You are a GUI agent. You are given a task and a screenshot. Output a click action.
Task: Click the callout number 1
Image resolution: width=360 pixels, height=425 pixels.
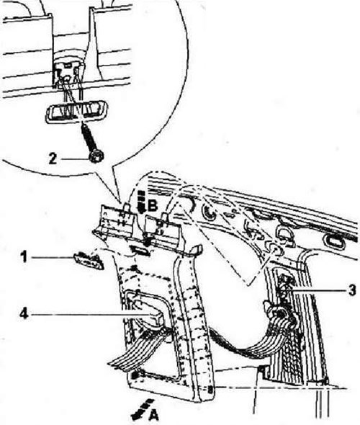pyautogui.click(x=24, y=256)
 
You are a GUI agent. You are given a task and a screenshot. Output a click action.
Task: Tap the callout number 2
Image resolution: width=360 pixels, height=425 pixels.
pyautogui.click(x=53, y=158)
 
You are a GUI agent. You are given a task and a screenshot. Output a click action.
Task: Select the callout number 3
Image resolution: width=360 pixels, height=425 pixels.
pyautogui.click(x=352, y=290)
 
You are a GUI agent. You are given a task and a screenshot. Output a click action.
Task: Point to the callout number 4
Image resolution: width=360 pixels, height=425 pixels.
pyautogui.click(x=24, y=314)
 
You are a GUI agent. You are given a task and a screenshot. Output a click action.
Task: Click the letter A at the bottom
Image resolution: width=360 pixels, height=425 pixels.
pyautogui.click(x=153, y=415)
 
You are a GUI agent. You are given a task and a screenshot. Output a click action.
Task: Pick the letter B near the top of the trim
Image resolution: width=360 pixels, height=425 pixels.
pyautogui.click(x=153, y=206)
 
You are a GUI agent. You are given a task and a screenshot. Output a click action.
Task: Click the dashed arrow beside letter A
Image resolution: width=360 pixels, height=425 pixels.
pyautogui.click(x=141, y=408)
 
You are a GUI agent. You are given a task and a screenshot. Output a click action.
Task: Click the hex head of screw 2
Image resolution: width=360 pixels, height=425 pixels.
pyautogui.click(x=96, y=156)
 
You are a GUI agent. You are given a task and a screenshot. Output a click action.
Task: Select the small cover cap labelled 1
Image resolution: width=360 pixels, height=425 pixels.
pyautogui.click(x=89, y=261)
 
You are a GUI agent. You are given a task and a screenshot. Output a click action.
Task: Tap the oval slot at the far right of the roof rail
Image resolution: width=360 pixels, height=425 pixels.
pyautogui.click(x=335, y=241)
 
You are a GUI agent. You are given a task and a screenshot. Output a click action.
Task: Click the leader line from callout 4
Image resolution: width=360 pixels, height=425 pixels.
pyautogui.click(x=91, y=314)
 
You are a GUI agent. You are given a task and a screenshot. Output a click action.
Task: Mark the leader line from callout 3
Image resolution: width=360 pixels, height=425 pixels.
pyautogui.click(x=318, y=291)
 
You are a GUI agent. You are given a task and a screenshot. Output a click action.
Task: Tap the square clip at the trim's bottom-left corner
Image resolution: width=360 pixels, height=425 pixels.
pyautogui.click(x=134, y=376)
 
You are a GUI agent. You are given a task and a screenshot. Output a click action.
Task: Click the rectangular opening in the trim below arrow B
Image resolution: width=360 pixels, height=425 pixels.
pyautogui.click(x=140, y=250)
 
